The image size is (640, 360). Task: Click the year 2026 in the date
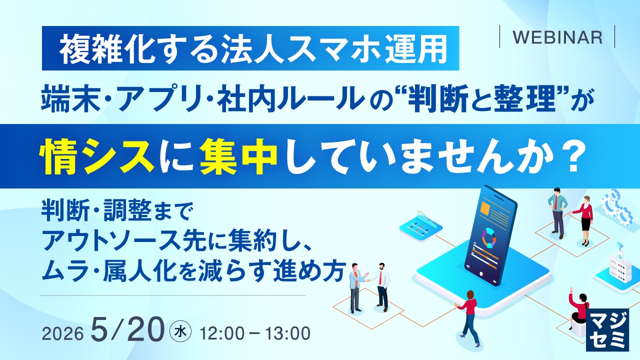[x=62, y=333]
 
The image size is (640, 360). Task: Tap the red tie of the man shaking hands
[x=380, y=277]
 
